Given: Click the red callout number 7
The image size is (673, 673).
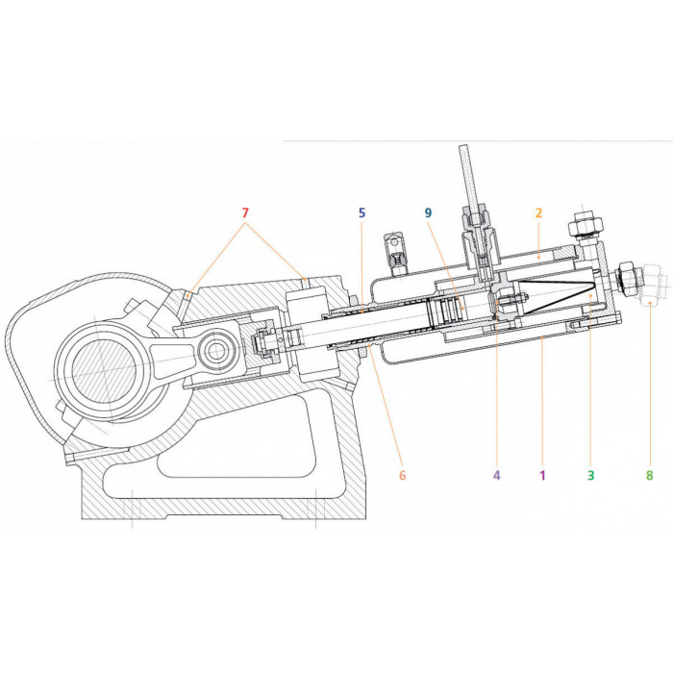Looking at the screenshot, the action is pyautogui.click(x=245, y=212).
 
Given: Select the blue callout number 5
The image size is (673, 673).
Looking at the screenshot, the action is pyautogui.click(x=361, y=212).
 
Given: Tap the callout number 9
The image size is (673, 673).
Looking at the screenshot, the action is pyautogui.click(x=429, y=212).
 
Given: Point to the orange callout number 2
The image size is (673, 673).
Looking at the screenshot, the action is pyautogui.click(x=538, y=212).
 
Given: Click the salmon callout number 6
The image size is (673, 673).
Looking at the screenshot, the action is pyautogui.click(x=402, y=475).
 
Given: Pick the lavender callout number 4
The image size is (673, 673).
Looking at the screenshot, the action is pyautogui.click(x=497, y=475).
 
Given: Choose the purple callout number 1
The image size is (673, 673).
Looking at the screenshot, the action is pyautogui.click(x=542, y=475).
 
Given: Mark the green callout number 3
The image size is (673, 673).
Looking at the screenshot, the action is pyautogui.click(x=591, y=475).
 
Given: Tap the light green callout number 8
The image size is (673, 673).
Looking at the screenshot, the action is pyautogui.click(x=649, y=475).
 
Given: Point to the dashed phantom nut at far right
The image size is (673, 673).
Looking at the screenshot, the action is pyautogui.click(x=651, y=285).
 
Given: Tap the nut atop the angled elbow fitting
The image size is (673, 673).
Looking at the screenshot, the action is pyautogui.click(x=585, y=224).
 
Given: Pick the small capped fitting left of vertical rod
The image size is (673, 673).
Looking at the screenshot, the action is pyautogui.click(x=397, y=254).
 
